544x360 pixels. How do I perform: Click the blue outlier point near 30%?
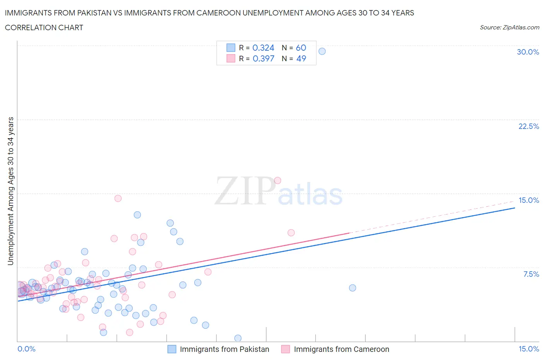pyautogui.click(x=322, y=51)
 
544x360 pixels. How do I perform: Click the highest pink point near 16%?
pyautogui.click(x=277, y=180)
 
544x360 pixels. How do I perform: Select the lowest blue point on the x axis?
pyautogui.click(x=238, y=338)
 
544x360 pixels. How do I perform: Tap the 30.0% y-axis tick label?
pyautogui.click(x=528, y=52)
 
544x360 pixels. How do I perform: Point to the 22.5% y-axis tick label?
pyautogui.click(x=529, y=126)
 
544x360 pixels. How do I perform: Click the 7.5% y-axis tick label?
pyautogui.click(x=531, y=274)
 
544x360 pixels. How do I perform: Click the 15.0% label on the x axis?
pyautogui.click(x=529, y=349)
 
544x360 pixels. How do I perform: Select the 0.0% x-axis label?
pyautogui.click(x=26, y=349)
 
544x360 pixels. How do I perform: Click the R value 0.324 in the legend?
pyautogui.click(x=263, y=48)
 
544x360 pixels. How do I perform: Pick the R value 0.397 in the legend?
pyautogui.click(x=263, y=58)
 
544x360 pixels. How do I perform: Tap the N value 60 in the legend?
pyautogui.click(x=301, y=48)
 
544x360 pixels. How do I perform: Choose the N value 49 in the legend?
pyautogui.click(x=301, y=58)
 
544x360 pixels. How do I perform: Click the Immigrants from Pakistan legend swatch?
pyautogui.click(x=172, y=349)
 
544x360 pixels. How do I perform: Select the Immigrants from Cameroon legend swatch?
pyautogui.click(x=286, y=349)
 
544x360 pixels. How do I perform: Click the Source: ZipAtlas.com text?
pyautogui.click(x=509, y=27)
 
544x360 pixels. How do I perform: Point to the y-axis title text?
pyautogui.click(x=10, y=191)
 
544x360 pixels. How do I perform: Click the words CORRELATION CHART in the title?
pyautogui.click(x=44, y=27)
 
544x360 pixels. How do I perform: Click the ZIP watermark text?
pyautogui.click(x=245, y=191)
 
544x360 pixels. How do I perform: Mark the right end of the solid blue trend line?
pyautogui.click(x=515, y=208)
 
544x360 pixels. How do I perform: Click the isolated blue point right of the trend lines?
pyautogui.click(x=352, y=288)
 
